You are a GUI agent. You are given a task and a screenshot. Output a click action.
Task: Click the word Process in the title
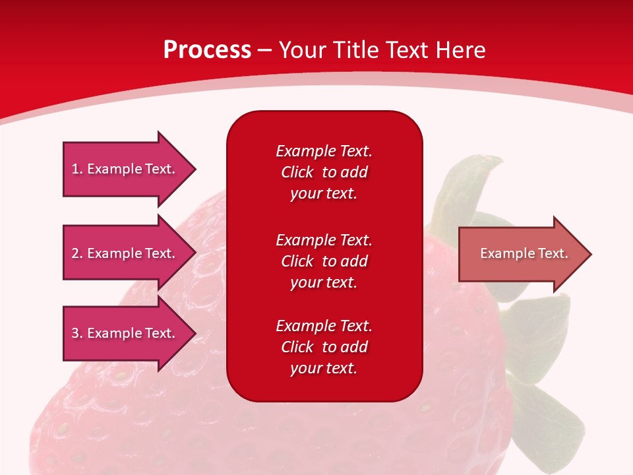click(x=208, y=50)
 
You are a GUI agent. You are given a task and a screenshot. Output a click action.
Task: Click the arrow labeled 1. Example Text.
click(x=130, y=169)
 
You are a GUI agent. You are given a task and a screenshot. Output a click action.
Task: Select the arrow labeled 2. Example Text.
click(x=130, y=253)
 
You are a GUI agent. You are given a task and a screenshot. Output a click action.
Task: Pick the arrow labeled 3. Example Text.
click(x=130, y=332)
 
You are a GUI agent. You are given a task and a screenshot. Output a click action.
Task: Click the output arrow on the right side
click(x=526, y=254)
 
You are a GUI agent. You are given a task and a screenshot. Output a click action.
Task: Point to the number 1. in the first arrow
click(x=77, y=169)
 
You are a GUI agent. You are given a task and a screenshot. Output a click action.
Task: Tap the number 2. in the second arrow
click(x=77, y=253)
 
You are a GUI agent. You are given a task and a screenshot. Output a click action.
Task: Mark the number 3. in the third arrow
click(x=77, y=332)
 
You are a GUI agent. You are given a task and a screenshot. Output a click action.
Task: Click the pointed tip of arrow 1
click(x=196, y=170)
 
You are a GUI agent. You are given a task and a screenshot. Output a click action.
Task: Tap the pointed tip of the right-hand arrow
click(x=591, y=254)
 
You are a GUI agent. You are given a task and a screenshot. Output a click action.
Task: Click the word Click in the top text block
click(x=297, y=172)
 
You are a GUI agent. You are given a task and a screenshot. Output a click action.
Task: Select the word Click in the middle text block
click(x=297, y=261)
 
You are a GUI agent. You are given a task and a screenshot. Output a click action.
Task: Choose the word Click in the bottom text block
click(x=297, y=346)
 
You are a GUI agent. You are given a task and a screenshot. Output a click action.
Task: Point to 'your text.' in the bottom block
click(x=324, y=368)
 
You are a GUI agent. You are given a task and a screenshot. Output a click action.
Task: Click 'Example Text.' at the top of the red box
click(x=324, y=151)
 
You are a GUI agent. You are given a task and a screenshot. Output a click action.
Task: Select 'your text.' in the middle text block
click(x=324, y=283)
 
